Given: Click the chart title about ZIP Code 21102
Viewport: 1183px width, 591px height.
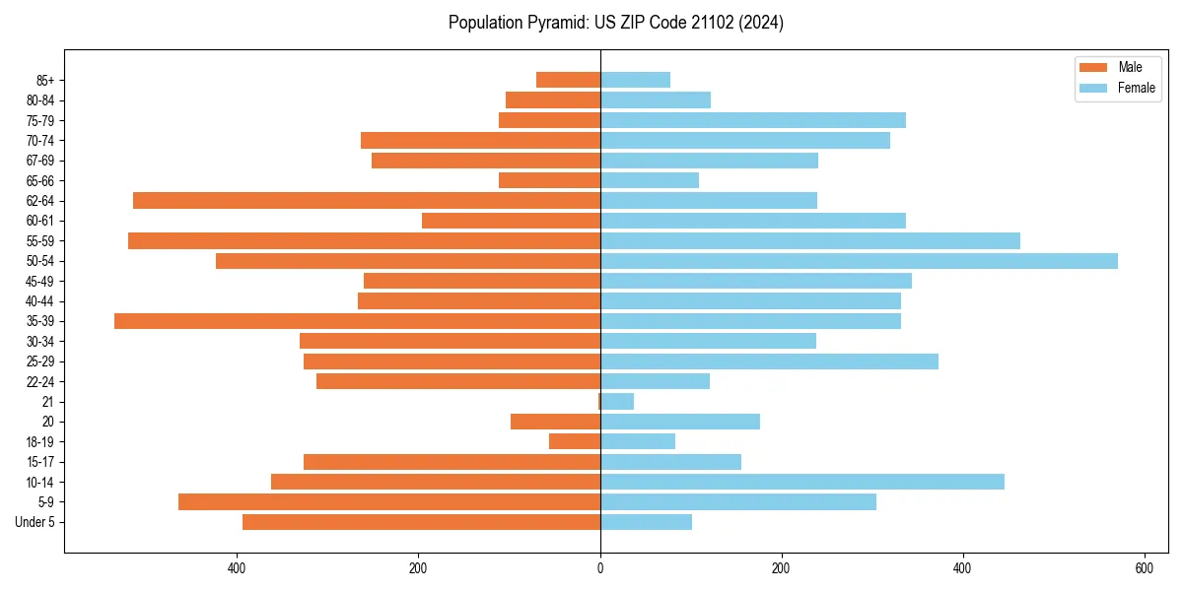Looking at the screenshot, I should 615,23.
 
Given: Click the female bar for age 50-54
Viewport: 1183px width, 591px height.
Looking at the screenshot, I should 858,261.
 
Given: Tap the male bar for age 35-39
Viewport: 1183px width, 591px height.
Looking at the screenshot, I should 357,321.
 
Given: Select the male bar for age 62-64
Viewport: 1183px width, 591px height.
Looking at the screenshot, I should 367,201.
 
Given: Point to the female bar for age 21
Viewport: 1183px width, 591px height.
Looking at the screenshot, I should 617,402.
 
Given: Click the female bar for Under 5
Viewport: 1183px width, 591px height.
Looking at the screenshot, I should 646,522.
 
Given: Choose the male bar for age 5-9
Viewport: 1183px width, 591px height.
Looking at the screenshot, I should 389,502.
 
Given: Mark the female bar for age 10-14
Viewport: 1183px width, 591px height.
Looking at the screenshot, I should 801,482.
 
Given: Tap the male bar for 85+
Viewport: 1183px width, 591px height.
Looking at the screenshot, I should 568,80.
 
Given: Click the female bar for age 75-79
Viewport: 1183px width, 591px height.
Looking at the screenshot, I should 752,120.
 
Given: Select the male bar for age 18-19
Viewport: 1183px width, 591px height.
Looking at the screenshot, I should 575,441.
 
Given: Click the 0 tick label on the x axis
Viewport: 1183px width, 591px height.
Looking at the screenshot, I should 599,568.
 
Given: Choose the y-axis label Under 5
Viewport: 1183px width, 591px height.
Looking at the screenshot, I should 35,522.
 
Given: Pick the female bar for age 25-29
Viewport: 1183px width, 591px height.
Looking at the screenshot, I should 769,361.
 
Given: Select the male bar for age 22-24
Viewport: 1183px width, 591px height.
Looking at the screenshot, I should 458,381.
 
